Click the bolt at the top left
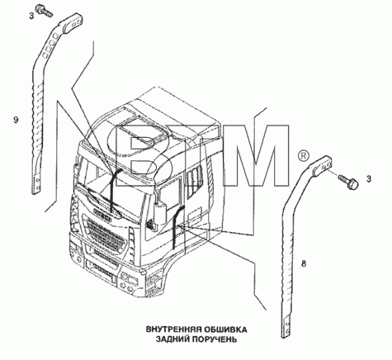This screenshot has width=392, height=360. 44,10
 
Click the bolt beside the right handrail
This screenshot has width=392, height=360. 347,182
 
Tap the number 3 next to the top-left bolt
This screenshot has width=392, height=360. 31,17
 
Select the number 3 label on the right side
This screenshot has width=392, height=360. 369,179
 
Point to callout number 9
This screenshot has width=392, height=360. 16,120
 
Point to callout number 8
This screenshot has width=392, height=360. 304,263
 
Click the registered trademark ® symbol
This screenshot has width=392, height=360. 304,156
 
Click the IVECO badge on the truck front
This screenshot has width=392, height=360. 102,213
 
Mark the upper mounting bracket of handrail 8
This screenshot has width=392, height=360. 322,166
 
